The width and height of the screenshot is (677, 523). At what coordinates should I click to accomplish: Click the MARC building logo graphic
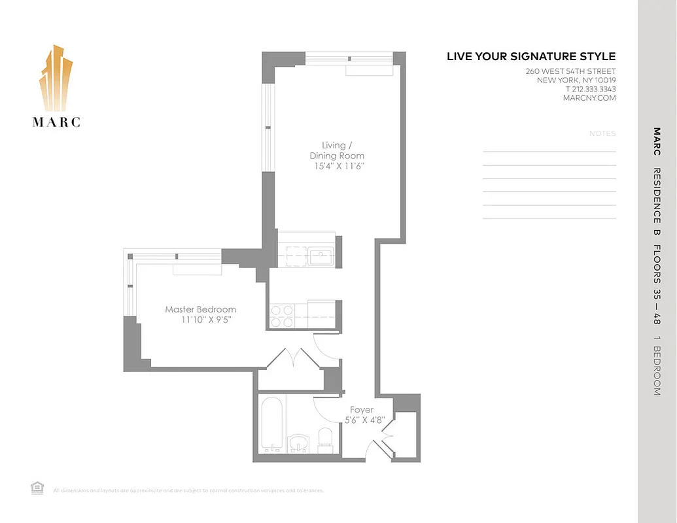click(56, 78)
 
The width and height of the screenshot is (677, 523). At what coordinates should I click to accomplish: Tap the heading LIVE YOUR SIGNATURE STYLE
click(531, 57)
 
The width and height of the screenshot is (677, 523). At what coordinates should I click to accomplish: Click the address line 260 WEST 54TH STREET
click(570, 71)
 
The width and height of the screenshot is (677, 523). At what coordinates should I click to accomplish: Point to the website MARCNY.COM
click(589, 98)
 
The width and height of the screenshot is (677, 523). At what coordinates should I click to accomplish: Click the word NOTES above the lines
click(602, 133)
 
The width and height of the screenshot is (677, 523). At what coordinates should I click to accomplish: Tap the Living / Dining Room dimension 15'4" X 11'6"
click(337, 166)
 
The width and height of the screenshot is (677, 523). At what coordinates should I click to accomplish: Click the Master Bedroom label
click(200, 309)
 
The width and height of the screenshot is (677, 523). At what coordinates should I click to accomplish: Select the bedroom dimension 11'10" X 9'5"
click(207, 320)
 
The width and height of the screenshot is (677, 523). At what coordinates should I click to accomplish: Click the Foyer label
click(362, 410)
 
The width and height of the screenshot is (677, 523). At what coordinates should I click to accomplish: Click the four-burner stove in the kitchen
click(283, 316)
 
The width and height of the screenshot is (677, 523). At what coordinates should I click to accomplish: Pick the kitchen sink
click(321, 256)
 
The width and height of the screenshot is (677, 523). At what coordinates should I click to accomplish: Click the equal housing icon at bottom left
click(37, 487)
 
